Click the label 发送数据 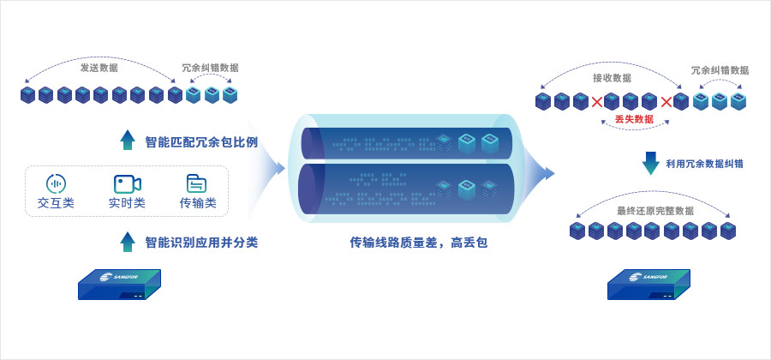pos(99,68)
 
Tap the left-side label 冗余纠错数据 pos(210,68)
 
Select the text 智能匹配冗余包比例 pos(201,141)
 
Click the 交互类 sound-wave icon pos(56,183)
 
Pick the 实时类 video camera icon pos(127,183)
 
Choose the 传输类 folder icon pos(197,183)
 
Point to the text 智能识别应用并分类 pos(201,243)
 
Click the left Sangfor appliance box pos(119,284)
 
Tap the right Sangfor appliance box pos(648,284)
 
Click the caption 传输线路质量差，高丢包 pos(419,243)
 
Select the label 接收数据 pos(612,78)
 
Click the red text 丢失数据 pos(634,119)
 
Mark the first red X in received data pos(597,102)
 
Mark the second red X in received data pos(666,102)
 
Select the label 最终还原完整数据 pos(655,211)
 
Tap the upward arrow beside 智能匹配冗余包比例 pos(128,141)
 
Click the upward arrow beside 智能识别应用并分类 pos(128,242)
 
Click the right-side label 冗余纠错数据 pos(720,70)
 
